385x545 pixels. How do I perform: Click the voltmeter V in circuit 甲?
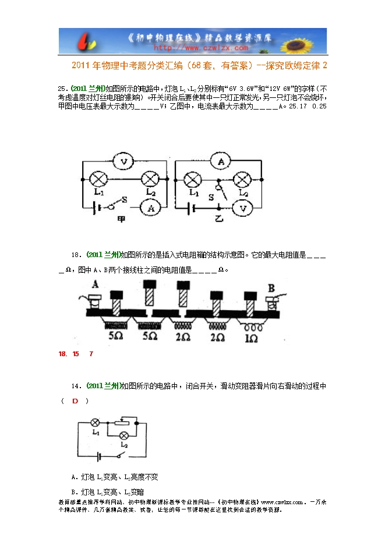[x=123, y=160]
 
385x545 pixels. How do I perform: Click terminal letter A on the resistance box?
[x=95, y=284]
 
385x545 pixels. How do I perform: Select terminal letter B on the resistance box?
[x=270, y=287]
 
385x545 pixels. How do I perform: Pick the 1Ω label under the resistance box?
[x=253, y=338]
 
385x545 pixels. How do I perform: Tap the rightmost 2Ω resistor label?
[x=218, y=338]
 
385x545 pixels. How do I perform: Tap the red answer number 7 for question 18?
[x=91, y=354]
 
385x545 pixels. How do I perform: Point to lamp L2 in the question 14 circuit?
[x=123, y=435]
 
